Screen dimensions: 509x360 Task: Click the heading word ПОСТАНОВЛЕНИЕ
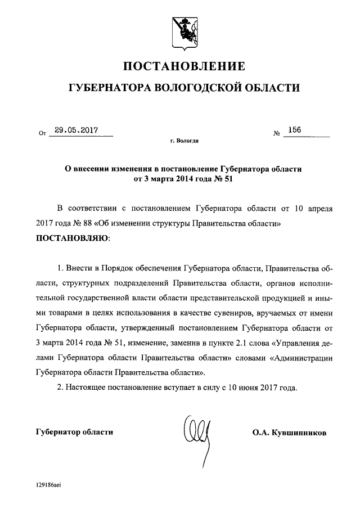click(184, 67)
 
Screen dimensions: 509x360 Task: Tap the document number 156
click(294, 130)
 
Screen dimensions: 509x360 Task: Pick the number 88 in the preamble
click(92, 223)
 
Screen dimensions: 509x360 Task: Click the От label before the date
click(42, 134)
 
